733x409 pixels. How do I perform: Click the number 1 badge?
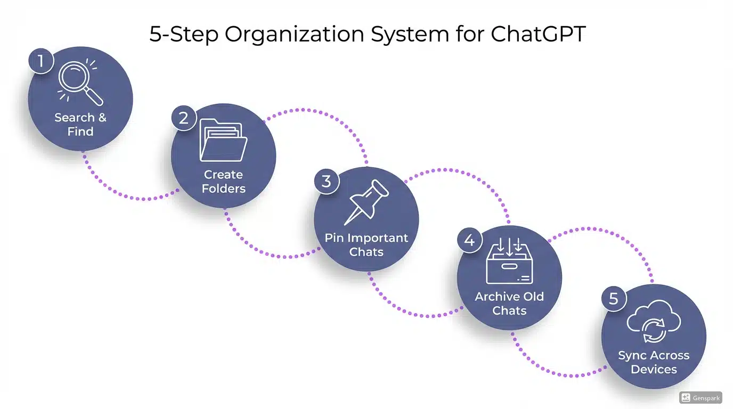41,62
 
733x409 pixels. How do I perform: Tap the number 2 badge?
184,118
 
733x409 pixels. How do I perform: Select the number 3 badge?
327,181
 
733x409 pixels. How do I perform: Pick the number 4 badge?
469,240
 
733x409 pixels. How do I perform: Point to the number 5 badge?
614,299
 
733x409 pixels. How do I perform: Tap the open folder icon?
223,140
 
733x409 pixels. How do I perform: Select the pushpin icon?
366,202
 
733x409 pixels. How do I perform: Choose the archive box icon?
509,260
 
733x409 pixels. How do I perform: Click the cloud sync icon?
654,322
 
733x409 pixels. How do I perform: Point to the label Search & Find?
80,124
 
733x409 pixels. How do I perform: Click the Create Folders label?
224,182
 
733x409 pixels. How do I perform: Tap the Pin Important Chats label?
366,244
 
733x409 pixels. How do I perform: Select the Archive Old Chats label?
509,304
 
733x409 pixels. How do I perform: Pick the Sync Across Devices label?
654,362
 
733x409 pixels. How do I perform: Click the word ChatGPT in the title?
538,34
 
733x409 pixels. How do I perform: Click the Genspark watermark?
701,397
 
